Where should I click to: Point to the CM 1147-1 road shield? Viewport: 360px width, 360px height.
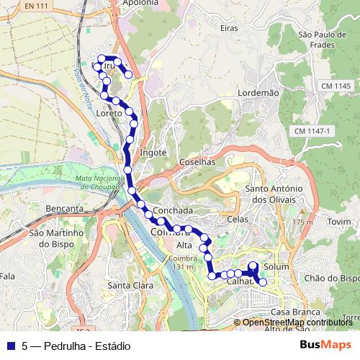point(312,131)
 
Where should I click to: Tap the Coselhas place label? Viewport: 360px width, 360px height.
point(197,162)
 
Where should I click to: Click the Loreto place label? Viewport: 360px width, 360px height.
point(109,113)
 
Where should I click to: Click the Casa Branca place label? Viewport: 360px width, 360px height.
point(289,312)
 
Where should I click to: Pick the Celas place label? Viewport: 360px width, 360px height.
point(237,219)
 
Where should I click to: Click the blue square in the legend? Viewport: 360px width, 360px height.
point(11,346)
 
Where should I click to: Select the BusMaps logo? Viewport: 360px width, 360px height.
point(326,345)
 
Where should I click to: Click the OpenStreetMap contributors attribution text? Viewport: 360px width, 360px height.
point(297,322)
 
